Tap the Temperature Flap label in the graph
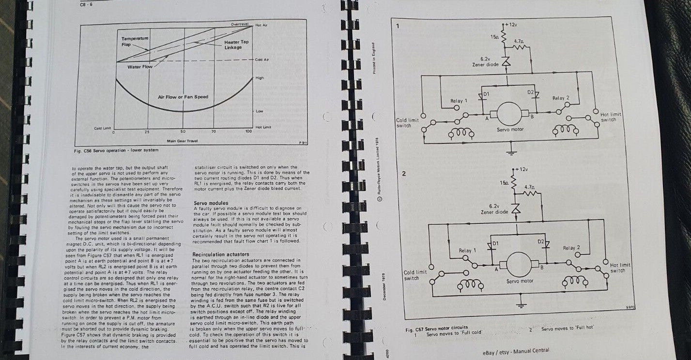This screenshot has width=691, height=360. (x=135, y=41)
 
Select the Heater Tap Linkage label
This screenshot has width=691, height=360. (x=236, y=44)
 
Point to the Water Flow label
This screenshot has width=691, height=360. (x=140, y=67)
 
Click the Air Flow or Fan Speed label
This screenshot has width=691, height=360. (x=183, y=97)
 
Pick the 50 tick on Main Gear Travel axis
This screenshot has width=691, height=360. (x=183, y=132)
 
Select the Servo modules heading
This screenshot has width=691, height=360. (x=211, y=203)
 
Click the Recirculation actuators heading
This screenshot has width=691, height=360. (x=220, y=254)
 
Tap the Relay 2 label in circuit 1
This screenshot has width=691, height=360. (x=561, y=98)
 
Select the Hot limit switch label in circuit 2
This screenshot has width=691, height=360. (x=620, y=267)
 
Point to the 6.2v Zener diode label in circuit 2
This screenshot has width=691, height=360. (x=494, y=209)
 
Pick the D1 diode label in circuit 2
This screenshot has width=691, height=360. (x=495, y=242)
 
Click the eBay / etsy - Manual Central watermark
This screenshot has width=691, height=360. (x=516, y=351)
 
